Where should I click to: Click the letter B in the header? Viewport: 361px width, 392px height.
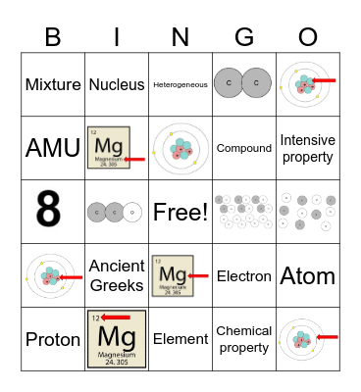tap(53, 37)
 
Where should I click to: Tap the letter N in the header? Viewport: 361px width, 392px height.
tap(180, 37)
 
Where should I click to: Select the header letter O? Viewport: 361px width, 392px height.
tap(308, 37)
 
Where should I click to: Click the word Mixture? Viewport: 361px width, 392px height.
tap(53, 84)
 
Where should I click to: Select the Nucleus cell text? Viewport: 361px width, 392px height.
tap(117, 84)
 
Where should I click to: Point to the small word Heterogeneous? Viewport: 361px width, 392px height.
tap(180, 85)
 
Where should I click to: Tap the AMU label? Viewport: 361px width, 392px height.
tap(53, 148)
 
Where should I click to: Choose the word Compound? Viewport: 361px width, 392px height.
tap(244, 149)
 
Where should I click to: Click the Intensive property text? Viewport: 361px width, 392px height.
tap(308, 148)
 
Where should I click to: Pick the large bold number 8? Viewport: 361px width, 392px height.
tap(52, 212)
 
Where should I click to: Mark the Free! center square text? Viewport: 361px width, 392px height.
tap(180, 212)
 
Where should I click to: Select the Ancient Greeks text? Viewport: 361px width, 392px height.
tap(117, 275)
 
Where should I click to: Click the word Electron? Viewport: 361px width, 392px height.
tap(244, 276)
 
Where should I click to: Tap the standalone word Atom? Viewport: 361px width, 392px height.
tap(308, 275)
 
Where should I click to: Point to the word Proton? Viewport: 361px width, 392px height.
tap(53, 339)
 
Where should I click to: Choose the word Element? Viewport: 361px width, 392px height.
tap(180, 339)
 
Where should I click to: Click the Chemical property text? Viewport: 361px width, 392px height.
tap(244, 339)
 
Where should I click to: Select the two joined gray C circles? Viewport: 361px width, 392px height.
tap(244, 84)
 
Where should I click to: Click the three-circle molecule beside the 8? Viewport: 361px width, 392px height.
tap(117, 212)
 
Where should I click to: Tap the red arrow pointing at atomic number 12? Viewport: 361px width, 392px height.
tap(116, 318)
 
